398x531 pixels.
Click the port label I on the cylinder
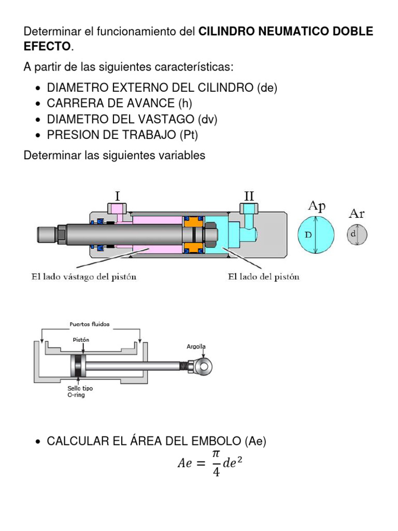click(x=118, y=196)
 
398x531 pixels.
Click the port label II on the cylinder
click(x=249, y=196)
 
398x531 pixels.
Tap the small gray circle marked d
click(x=357, y=234)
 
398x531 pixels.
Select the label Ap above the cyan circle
click(x=317, y=206)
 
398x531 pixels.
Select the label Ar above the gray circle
click(x=357, y=213)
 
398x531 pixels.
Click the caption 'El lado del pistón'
click(x=264, y=277)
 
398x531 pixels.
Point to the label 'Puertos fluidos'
click(x=90, y=325)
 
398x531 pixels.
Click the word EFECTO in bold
click(x=47, y=47)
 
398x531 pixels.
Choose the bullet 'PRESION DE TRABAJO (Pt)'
click(x=122, y=135)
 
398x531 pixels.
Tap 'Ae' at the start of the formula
click(x=185, y=464)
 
